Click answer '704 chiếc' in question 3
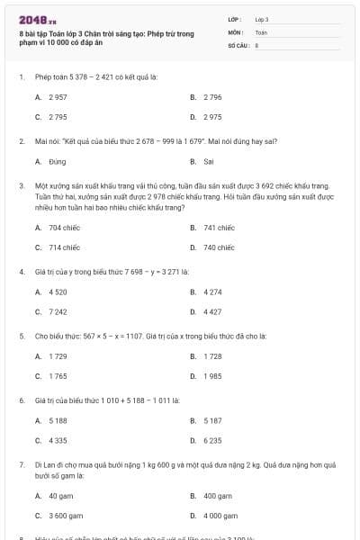pos(65,228)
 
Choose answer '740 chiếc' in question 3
pos(219,247)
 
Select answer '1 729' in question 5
pos(58,355)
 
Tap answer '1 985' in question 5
pos(212,375)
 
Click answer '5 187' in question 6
pos(212,419)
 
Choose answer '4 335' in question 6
pos(58,440)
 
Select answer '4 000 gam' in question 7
pos(220,516)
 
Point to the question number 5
pos(21,335)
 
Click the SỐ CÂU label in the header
pos(238,44)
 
